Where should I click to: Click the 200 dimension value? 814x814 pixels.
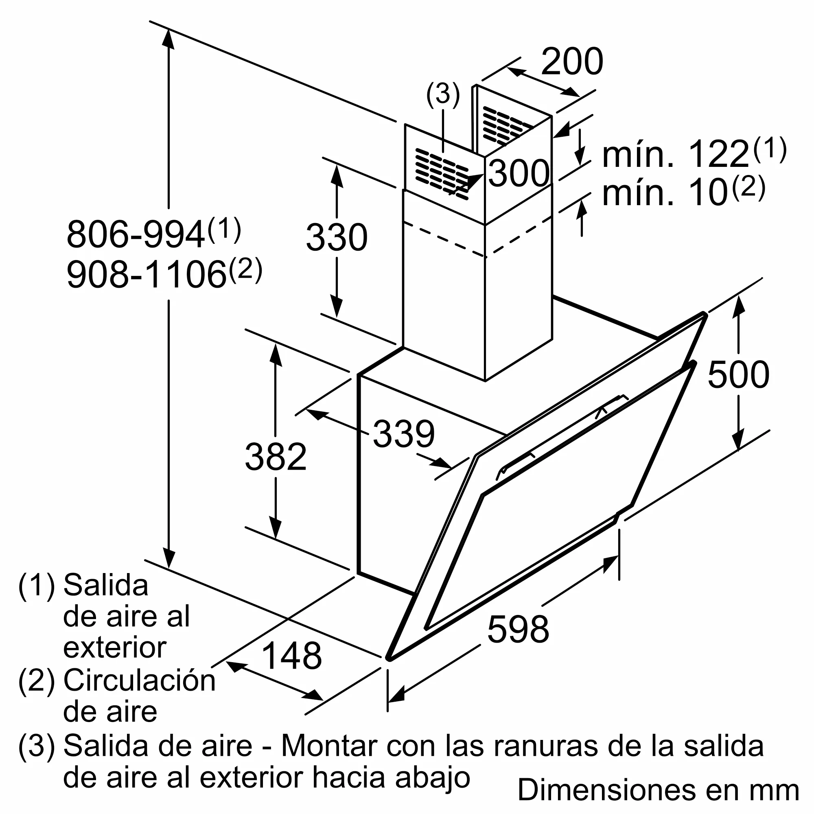[x=572, y=62]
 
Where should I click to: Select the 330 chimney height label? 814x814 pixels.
[x=337, y=238]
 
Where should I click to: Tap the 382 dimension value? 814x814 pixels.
[x=276, y=457]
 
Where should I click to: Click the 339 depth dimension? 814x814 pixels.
[x=404, y=434]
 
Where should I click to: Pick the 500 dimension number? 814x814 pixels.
[x=738, y=374]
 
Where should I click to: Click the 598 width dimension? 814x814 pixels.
[x=518, y=630]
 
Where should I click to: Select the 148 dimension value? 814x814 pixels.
[x=291, y=656]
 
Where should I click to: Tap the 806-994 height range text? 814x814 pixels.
[x=136, y=235]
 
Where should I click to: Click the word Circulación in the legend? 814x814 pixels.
[x=139, y=681]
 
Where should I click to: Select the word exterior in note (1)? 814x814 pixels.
[x=115, y=648]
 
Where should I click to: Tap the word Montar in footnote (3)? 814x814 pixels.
[x=328, y=746]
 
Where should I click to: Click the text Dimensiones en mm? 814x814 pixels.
[x=658, y=790]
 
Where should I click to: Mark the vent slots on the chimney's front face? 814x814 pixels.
[x=442, y=173]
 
